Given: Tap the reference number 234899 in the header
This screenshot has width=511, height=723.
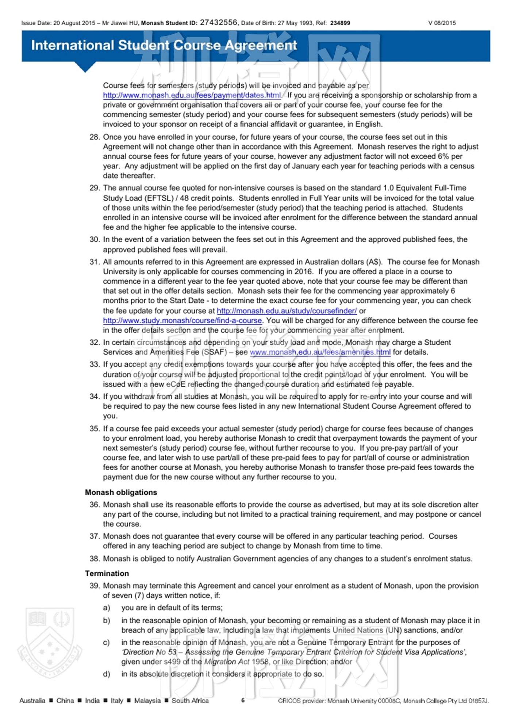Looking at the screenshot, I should [x=340, y=23].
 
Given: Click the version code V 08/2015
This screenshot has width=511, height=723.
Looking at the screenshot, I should [x=442, y=23].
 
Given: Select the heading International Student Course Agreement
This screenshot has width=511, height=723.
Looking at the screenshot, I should [x=164, y=45].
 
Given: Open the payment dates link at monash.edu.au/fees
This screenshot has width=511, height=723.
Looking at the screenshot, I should [x=192, y=95].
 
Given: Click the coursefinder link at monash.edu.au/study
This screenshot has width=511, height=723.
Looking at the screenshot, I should [x=287, y=311].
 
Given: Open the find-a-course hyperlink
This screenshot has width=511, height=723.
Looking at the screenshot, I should [x=182, y=321].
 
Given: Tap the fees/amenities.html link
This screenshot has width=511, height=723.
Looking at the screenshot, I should [x=320, y=352].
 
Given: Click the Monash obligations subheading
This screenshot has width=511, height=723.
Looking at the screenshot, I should [x=121, y=492].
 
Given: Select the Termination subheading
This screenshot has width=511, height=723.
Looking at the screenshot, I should [x=107, y=573].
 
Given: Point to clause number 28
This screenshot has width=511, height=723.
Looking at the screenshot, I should [x=95, y=137].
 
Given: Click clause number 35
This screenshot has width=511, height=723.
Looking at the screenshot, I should [x=95, y=429].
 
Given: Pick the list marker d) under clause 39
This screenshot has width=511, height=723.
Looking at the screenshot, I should [x=107, y=674].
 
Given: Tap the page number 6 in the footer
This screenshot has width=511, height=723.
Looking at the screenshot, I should [x=243, y=700].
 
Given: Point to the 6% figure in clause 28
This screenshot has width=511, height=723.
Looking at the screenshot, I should [x=443, y=156].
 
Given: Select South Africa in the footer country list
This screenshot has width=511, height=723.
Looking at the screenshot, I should [x=190, y=700].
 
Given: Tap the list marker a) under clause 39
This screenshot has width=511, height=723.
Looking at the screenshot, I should [x=107, y=608].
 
